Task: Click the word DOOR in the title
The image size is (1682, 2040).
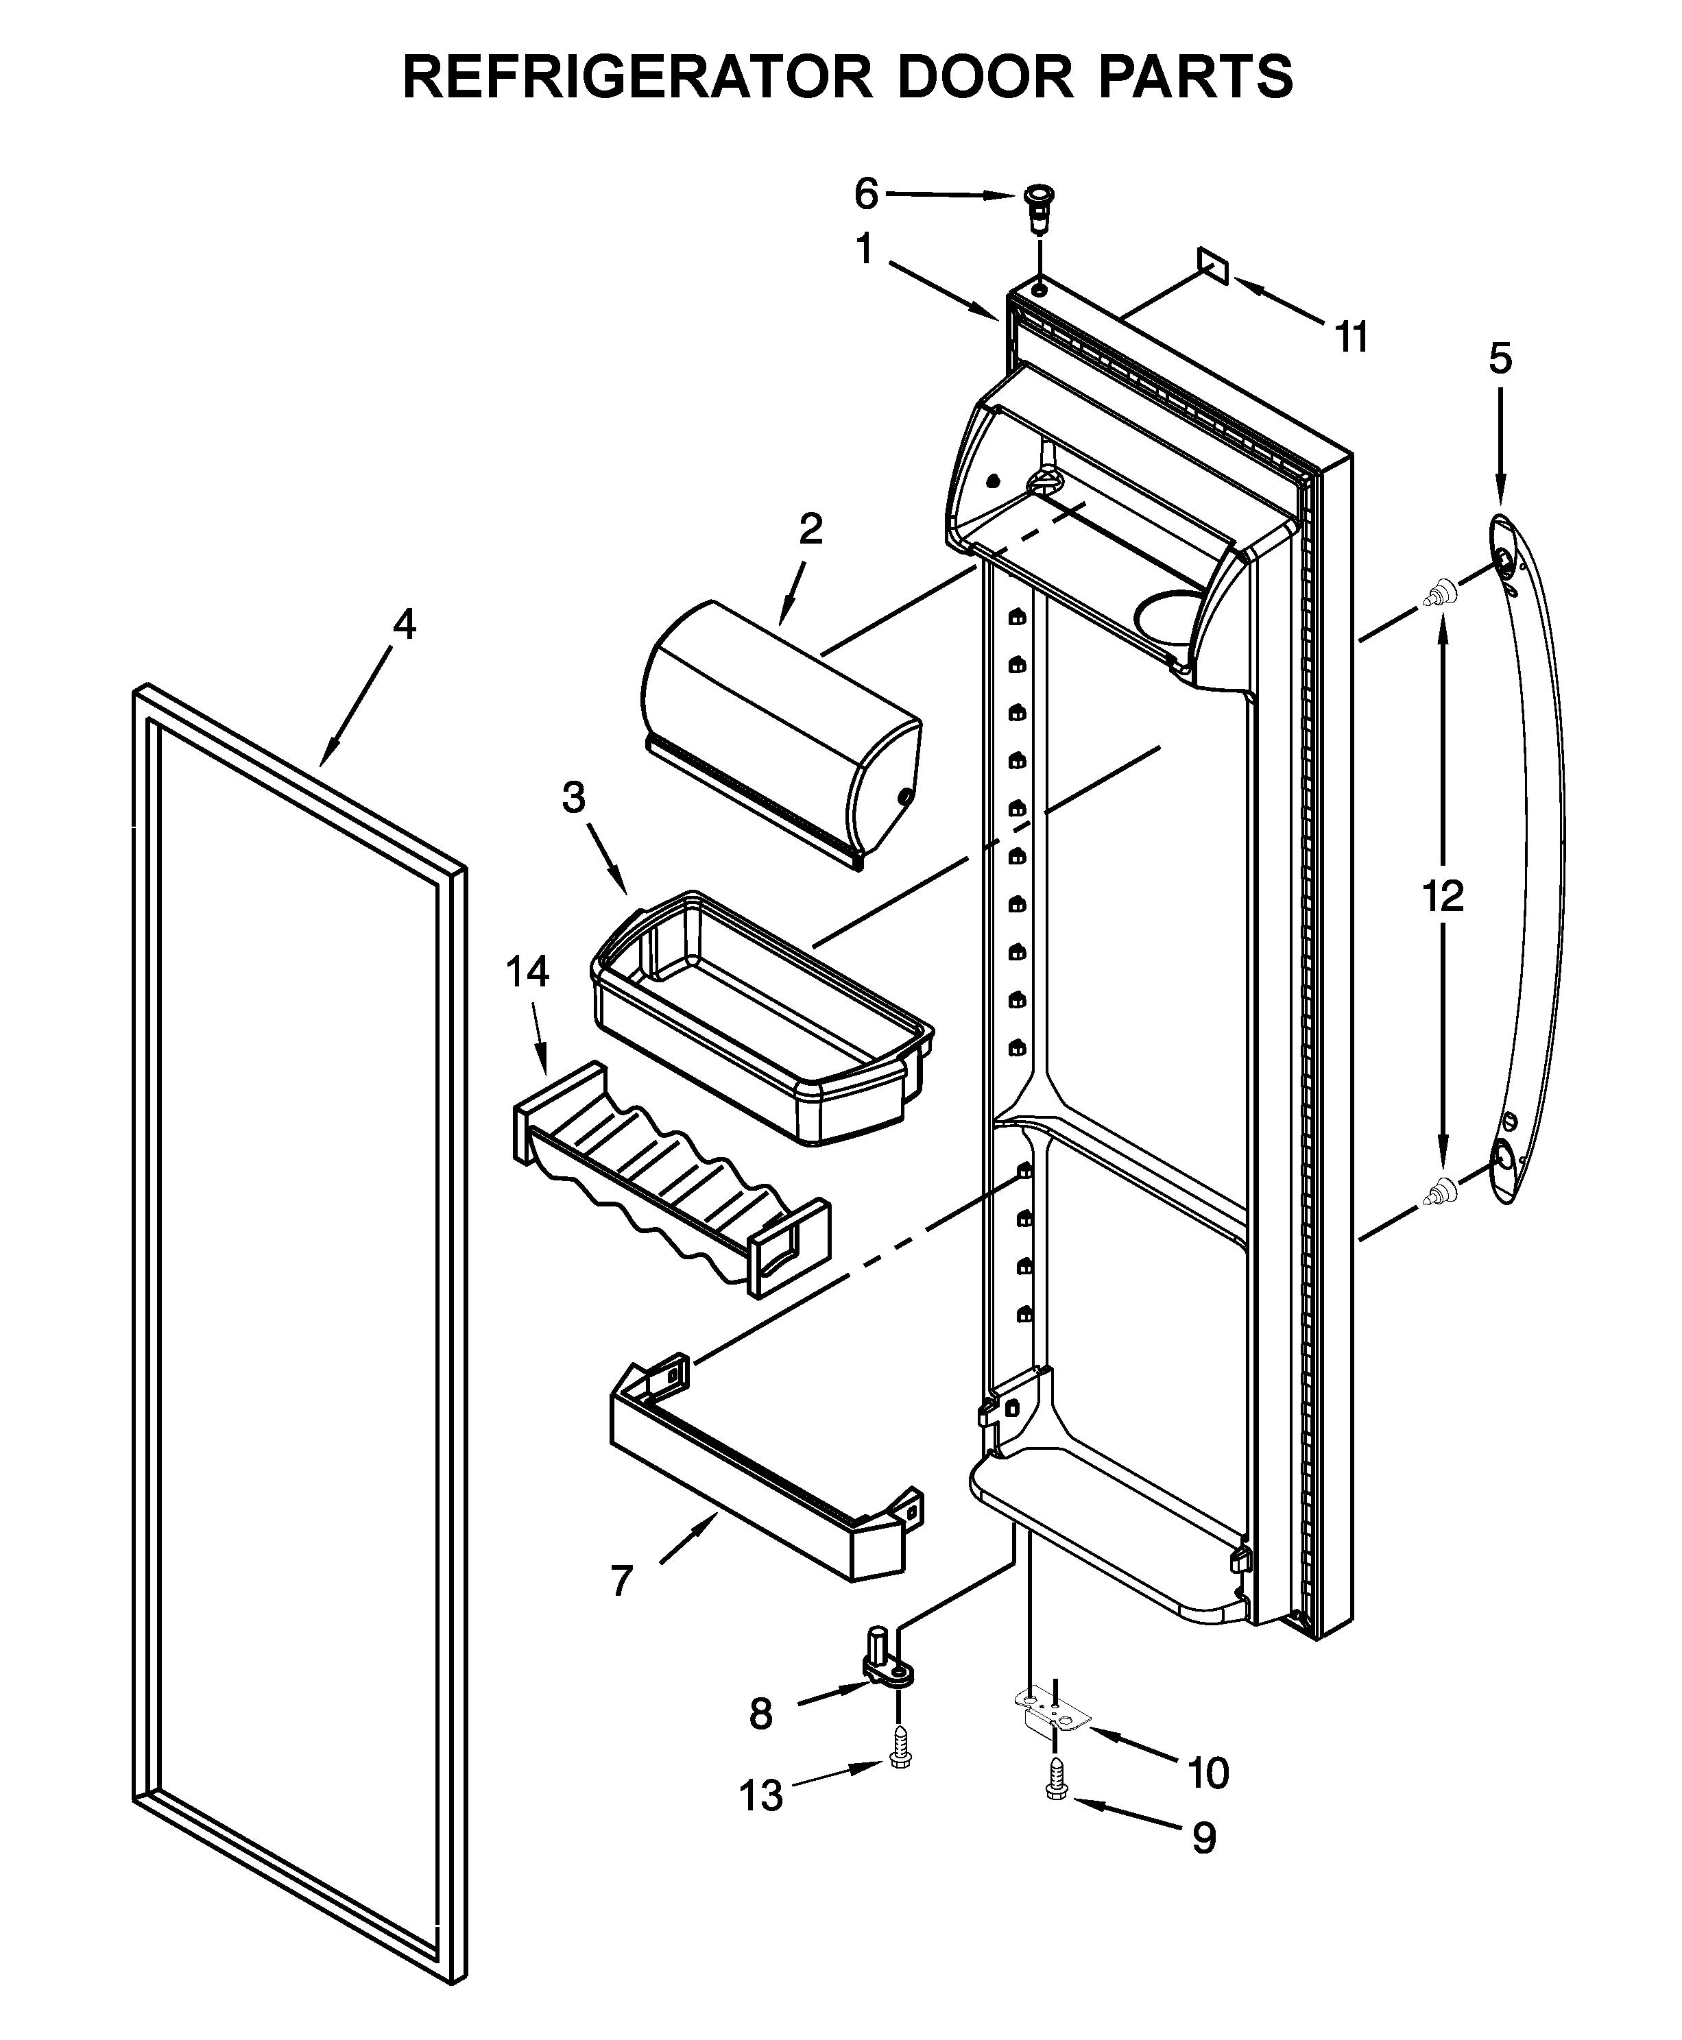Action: (985, 77)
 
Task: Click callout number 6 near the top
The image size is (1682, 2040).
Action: (865, 195)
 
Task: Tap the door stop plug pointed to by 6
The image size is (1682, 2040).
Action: (1040, 206)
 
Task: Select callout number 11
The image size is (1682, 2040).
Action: (1351, 338)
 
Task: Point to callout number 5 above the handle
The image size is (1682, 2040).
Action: (1500, 359)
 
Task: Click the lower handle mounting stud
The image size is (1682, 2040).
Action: (1441, 1189)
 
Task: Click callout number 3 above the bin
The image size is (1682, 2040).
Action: (574, 797)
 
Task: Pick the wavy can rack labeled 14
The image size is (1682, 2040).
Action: (669, 1177)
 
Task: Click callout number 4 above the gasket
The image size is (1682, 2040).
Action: (404, 624)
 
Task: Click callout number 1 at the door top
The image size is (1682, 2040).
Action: (863, 250)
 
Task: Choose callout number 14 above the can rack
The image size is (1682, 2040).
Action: (527, 971)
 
